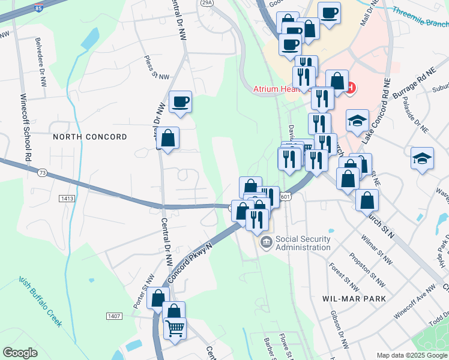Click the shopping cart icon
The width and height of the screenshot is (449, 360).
(x=175, y=328)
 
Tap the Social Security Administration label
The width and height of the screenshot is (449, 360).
(x=303, y=242)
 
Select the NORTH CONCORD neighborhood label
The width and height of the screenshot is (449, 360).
(x=90, y=137)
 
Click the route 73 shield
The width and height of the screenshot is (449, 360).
(x=42, y=173)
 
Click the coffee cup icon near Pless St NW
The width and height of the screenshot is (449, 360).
(x=180, y=102)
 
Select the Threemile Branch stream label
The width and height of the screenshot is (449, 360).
(x=420, y=17)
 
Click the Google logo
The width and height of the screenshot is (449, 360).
(x=20, y=353)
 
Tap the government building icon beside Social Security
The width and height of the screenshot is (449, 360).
(x=265, y=242)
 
